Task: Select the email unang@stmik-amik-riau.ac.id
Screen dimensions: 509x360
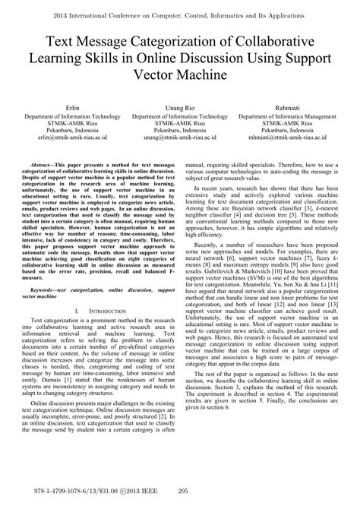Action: [180, 139]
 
